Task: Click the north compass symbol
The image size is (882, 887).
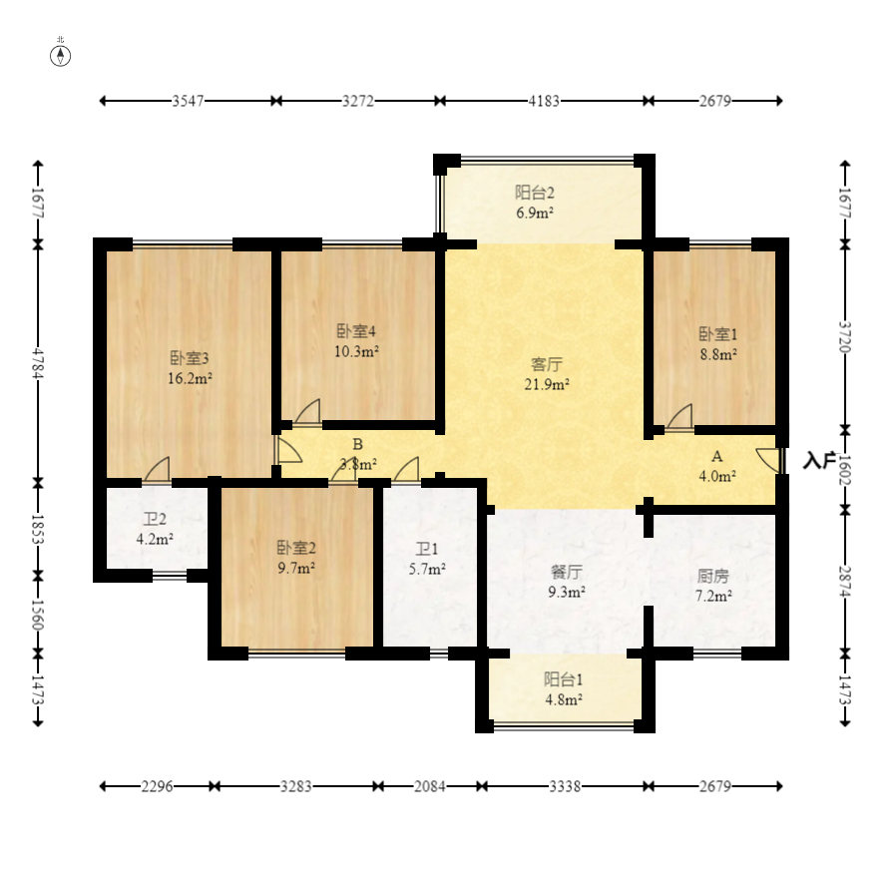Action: [61, 56]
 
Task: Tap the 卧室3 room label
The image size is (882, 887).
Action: [190, 358]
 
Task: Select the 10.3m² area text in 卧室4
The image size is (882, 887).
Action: [356, 351]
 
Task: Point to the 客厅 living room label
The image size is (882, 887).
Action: [547, 364]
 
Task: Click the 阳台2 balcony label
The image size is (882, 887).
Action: [535, 193]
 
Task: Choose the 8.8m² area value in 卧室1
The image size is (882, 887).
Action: [718, 354]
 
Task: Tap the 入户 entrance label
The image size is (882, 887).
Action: [820, 461]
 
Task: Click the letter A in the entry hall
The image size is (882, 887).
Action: [716, 456]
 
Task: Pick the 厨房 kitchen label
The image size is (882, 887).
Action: [712, 576]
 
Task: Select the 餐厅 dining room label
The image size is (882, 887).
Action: [567, 572]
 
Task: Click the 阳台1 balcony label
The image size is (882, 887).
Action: [564, 679]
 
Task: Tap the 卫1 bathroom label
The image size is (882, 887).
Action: [427, 549]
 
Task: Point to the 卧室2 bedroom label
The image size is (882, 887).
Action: [296, 548]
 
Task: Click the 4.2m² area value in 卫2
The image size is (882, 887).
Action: [155, 539]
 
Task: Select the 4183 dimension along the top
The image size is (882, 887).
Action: [544, 101]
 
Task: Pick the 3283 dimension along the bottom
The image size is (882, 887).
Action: [296, 786]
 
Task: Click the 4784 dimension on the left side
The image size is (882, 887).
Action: [38, 363]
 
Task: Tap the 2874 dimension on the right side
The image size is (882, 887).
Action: [845, 582]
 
